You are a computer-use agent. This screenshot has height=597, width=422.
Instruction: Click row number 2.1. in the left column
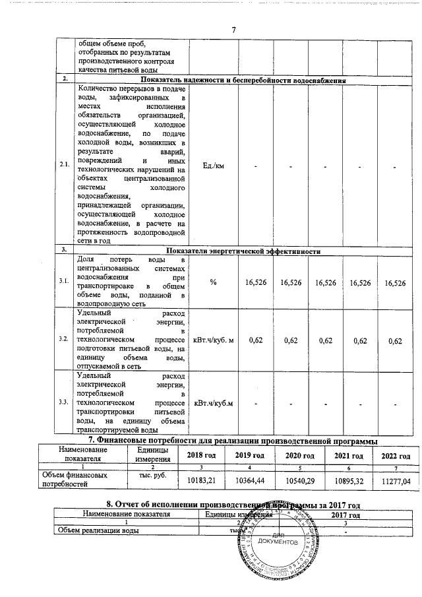coord(65,166)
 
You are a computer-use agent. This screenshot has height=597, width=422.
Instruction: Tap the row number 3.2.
coord(65,338)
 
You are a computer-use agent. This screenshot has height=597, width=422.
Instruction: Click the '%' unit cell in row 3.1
coord(213,282)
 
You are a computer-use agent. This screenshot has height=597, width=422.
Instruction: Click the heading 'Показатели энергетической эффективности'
coord(243,251)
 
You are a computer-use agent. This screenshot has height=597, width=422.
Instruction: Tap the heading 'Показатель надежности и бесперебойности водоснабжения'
coord(243,80)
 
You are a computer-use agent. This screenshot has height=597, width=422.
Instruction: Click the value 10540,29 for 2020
coord(300,480)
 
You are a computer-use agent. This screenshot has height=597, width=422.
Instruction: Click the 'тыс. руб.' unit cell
coord(153,474)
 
